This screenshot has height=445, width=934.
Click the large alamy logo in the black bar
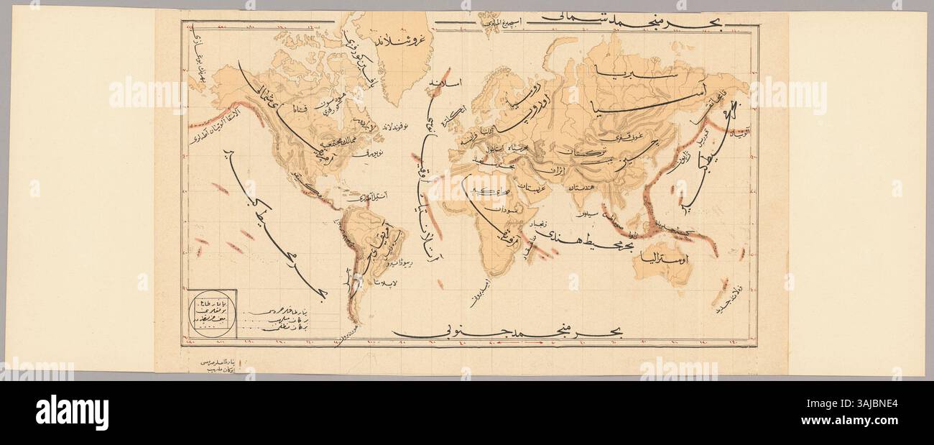[72, 412]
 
